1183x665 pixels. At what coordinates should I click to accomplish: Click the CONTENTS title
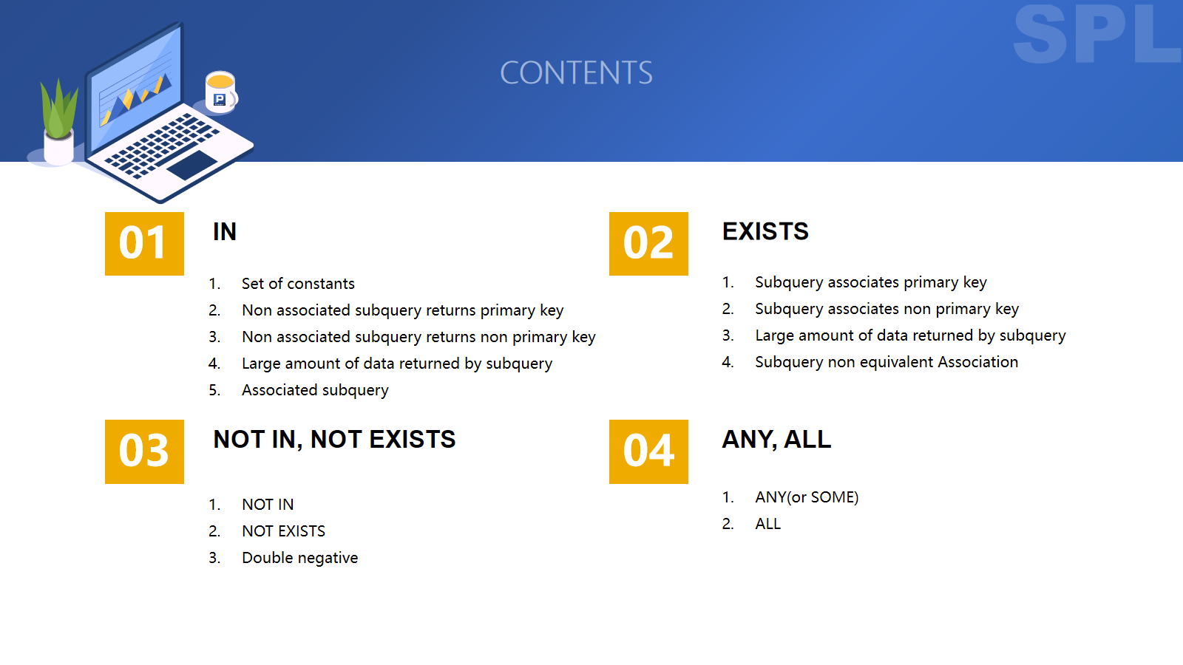click(x=576, y=73)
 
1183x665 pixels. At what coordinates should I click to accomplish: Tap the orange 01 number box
click(x=144, y=243)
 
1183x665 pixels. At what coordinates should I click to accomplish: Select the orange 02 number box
click(x=648, y=243)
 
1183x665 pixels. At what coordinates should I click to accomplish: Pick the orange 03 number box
click(x=144, y=451)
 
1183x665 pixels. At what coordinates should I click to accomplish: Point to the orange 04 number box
click(x=648, y=451)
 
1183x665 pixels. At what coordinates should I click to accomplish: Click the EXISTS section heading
click(x=765, y=231)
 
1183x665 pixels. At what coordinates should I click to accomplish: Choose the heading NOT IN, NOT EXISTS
click(x=334, y=440)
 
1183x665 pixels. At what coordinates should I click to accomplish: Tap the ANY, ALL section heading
click(x=776, y=440)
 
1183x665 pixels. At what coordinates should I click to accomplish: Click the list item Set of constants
click(x=298, y=284)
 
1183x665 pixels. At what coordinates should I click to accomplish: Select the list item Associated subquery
click(x=315, y=390)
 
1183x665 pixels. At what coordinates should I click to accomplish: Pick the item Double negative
click(x=299, y=558)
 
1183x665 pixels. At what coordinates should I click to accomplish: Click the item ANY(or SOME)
click(x=807, y=497)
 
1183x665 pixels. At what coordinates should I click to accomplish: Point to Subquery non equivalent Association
click(x=887, y=362)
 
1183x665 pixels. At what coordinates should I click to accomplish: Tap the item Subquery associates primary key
click(x=870, y=282)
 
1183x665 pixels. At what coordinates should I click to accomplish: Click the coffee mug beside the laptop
click(x=221, y=92)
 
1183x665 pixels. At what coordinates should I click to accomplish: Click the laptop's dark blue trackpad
click(x=192, y=164)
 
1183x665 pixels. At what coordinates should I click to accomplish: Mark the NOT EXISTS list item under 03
click(x=283, y=531)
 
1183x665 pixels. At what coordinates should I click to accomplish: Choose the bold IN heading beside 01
click(x=225, y=232)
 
